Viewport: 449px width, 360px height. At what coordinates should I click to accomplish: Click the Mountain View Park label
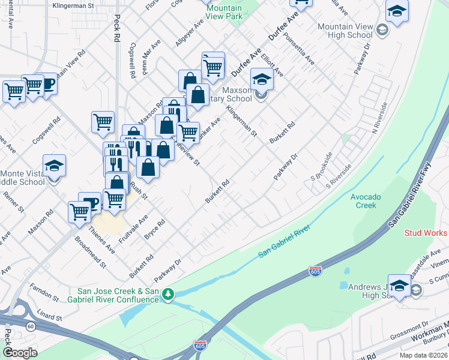tap(223, 12)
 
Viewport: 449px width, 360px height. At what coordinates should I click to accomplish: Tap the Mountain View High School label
tap(345, 31)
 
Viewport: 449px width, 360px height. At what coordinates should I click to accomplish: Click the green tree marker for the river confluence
tap(169, 294)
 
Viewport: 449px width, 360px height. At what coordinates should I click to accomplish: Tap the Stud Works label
tap(426, 233)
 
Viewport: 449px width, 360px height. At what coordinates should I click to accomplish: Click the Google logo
tap(20, 353)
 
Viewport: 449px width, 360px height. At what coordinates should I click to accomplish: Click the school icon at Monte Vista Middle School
tap(54, 166)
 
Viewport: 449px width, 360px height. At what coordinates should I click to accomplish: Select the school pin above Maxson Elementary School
tap(261, 79)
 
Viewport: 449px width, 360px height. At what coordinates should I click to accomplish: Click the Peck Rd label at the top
tap(116, 28)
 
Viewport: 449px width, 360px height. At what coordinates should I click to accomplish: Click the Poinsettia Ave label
tap(301, 49)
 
